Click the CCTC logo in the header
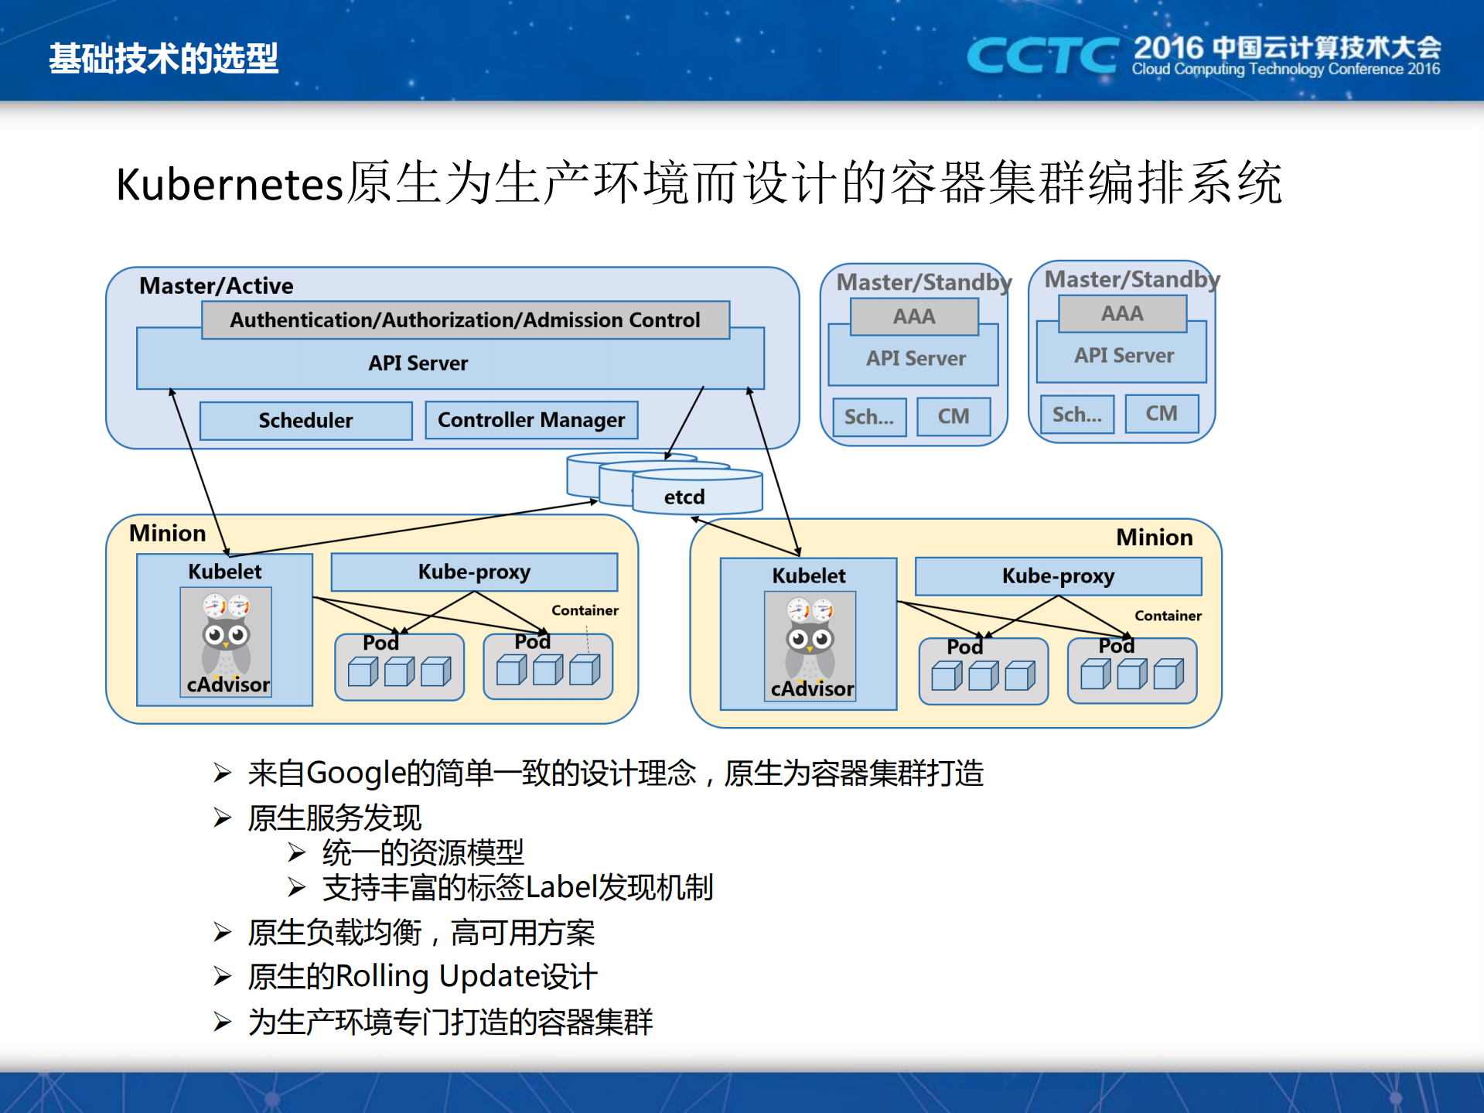click(x=1042, y=56)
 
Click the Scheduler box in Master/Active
click(x=305, y=420)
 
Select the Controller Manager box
click(x=531, y=420)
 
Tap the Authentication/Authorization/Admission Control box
click(x=465, y=319)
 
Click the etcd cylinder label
click(x=684, y=497)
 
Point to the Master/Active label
click(x=216, y=285)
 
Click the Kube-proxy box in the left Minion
click(x=474, y=572)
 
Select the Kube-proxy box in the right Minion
click(x=1058, y=576)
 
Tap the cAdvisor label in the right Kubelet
click(x=812, y=688)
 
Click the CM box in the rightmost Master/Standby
click(x=1161, y=414)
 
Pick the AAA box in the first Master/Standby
click(x=914, y=316)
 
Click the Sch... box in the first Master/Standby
click(x=869, y=417)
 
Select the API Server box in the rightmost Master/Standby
click(x=1123, y=356)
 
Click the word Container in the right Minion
click(x=1168, y=616)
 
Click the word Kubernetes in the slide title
click(x=229, y=185)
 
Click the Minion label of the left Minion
click(x=167, y=533)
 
